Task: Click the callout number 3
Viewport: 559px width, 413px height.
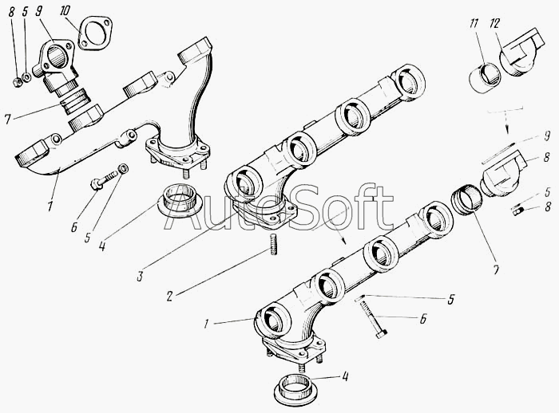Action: (140, 277)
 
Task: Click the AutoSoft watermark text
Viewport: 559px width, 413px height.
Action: (279, 207)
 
